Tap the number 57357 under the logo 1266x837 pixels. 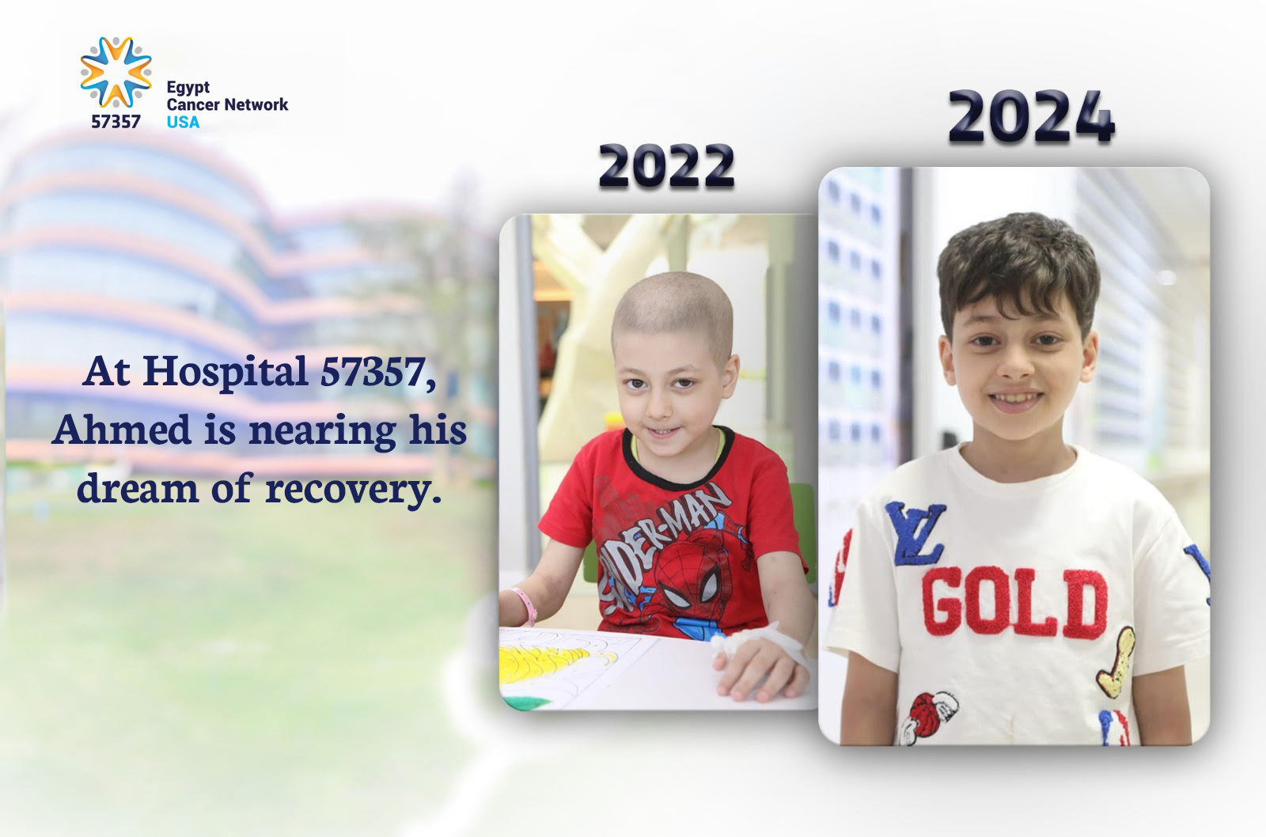[x=116, y=122]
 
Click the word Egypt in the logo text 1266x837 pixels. [x=188, y=87]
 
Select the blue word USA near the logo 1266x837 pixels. [x=183, y=122]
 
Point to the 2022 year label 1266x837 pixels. [x=666, y=168]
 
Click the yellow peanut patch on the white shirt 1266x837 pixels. [x=1115, y=657]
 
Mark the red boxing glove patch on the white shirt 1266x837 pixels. [x=932, y=711]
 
